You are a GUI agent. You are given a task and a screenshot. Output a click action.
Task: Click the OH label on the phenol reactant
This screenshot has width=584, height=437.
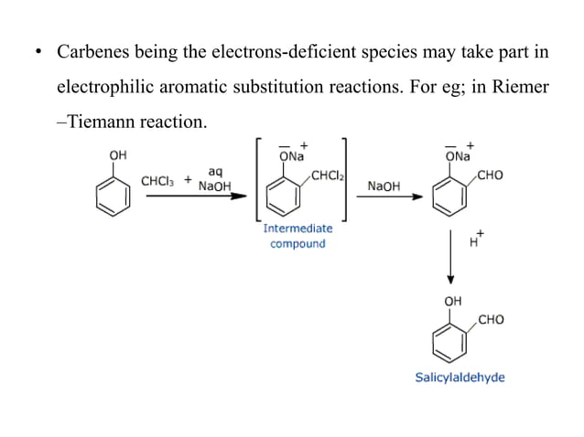(x=118, y=155)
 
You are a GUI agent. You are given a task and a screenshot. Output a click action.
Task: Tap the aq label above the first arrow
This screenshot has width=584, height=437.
(x=215, y=171)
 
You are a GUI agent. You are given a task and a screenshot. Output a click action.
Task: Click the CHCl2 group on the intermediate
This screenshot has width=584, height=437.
(x=326, y=176)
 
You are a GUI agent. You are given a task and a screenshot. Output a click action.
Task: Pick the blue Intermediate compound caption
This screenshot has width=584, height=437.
(x=297, y=236)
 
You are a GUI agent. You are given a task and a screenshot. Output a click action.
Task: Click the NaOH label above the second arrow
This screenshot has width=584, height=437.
(x=384, y=186)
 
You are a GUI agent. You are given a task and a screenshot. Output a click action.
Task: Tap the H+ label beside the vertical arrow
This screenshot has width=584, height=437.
(x=476, y=241)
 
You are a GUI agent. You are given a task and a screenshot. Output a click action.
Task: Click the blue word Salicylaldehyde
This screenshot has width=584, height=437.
(x=460, y=377)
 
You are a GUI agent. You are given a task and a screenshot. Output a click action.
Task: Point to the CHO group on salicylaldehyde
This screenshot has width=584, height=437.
(x=491, y=320)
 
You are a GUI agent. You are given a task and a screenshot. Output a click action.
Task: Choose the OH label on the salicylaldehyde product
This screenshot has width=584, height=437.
(x=452, y=302)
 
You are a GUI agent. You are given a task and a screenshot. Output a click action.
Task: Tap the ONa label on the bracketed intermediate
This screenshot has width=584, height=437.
(x=293, y=157)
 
